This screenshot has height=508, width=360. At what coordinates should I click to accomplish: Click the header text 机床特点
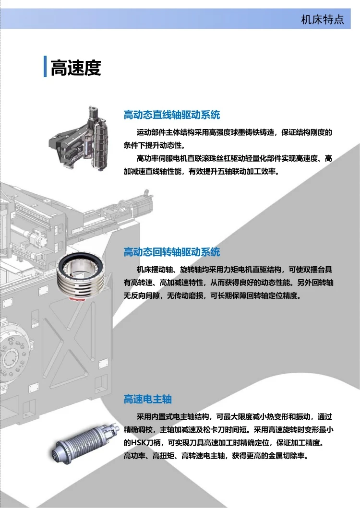coord(323,20)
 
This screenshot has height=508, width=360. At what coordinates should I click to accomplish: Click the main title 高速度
coord(76,68)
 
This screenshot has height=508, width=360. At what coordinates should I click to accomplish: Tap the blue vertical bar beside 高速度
coord(45,66)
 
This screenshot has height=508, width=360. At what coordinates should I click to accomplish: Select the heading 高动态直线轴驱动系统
coord(171,115)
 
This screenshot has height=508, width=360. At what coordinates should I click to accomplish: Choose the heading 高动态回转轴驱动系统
coord(171,252)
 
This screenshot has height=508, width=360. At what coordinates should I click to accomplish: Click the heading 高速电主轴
coord(147,399)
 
